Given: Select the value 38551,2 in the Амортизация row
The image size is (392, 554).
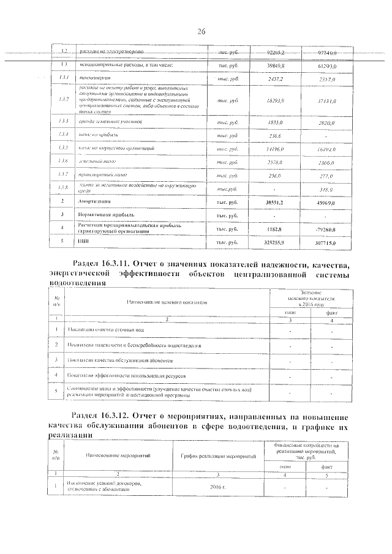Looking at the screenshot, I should coord(284,201).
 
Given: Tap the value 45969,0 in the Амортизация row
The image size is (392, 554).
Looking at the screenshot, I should coord(328,201).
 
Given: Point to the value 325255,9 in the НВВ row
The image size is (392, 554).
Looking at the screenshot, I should coord(284,243).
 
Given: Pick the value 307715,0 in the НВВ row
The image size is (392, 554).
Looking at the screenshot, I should coord(328,243).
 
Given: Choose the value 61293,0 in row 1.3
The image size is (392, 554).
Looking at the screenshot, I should coord(328,66).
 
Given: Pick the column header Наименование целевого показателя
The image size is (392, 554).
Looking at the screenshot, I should coord(167,302).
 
